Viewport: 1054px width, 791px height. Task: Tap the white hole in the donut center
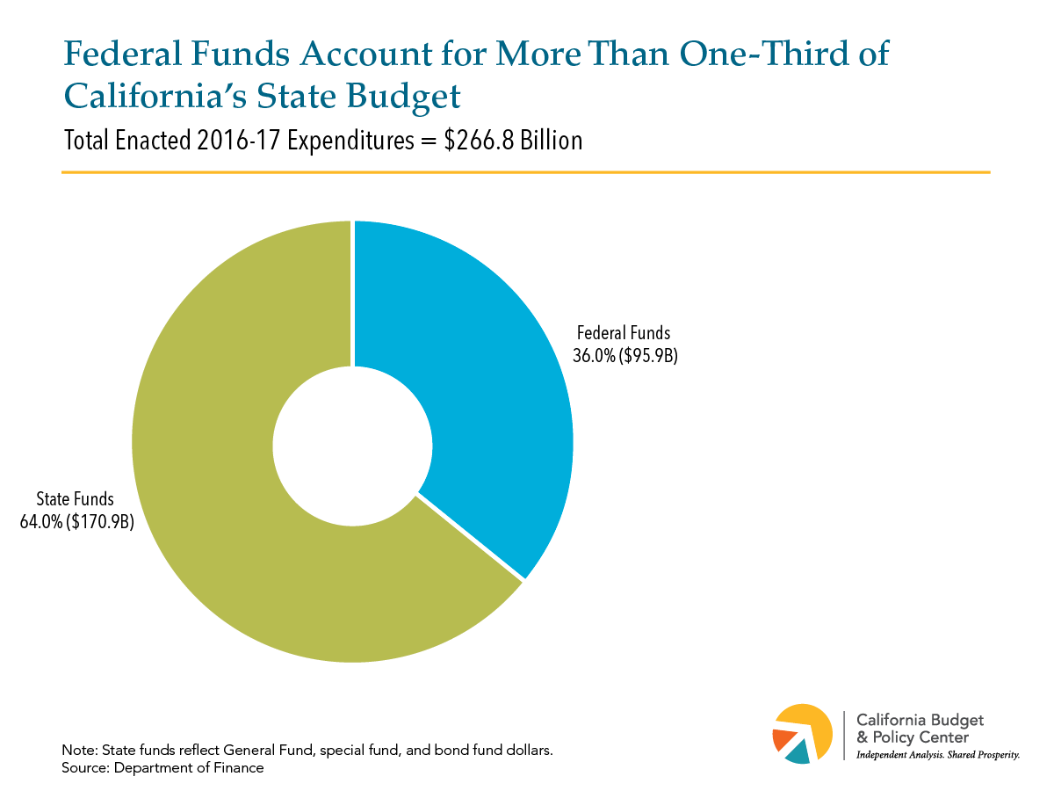coord(352,446)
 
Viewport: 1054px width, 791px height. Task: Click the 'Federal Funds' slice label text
coord(624,333)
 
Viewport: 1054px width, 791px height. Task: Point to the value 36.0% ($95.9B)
coord(624,356)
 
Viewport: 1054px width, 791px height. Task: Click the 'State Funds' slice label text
coord(75,499)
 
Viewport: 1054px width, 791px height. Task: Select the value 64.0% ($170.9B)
coord(76,522)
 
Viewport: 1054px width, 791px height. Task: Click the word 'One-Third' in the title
coord(764,53)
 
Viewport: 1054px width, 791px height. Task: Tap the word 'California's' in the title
coord(155,96)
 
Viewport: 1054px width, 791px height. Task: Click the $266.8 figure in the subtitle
coord(479,141)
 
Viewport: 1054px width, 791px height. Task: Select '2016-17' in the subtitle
coord(238,141)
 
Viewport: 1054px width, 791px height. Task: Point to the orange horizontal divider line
coord(526,172)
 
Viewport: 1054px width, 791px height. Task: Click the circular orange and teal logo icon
coord(802,733)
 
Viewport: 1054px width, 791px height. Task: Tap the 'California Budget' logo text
coord(920,721)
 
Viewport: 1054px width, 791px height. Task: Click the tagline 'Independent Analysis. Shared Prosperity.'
coord(938,755)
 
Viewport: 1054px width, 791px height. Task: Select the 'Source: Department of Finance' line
coord(162,768)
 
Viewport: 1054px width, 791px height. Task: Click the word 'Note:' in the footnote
coord(80,751)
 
